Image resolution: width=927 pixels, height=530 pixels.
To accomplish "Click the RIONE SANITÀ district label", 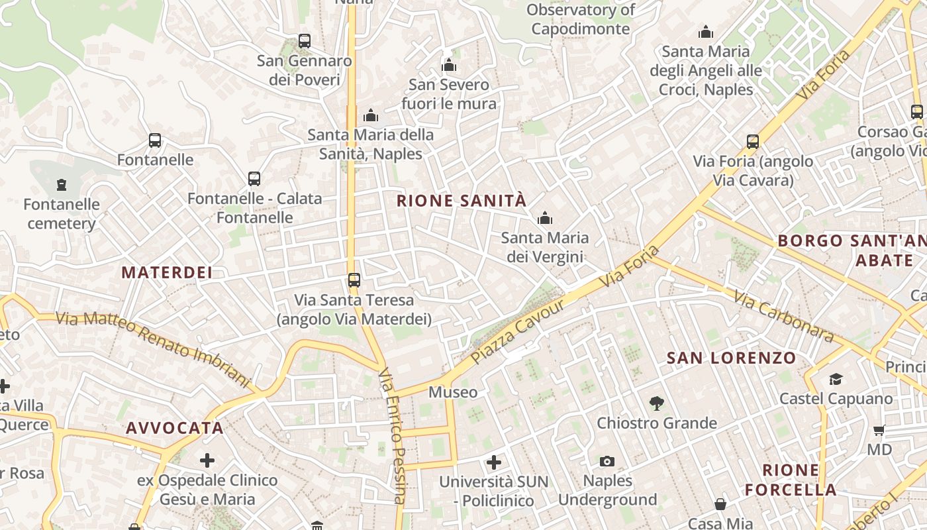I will tap(462, 201).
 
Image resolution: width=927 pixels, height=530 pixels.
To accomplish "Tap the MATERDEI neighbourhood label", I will tap(167, 272).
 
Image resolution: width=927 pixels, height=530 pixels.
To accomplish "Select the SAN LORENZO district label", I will tap(731, 358).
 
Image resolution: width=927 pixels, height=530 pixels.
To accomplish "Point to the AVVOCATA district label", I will tap(175, 428).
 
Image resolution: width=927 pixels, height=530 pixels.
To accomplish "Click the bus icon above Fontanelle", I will tap(155, 140).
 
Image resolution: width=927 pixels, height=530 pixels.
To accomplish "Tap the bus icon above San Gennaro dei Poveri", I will tap(305, 41).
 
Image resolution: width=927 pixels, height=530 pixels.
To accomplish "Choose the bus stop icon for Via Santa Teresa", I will tap(354, 280).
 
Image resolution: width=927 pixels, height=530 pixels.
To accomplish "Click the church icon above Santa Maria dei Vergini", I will tap(545, 218).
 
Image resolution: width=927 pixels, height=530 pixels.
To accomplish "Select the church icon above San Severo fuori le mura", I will tap(449, 65).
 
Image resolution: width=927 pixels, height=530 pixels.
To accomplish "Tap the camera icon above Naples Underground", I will tap(607, 461).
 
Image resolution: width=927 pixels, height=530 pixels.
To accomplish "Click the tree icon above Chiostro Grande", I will tap(657, 403).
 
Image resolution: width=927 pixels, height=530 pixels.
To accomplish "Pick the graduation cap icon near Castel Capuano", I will tap(836, 379).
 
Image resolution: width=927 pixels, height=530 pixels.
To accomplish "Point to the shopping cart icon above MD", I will tap(879, 431).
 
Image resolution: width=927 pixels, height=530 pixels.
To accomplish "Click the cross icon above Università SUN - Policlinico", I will tap(494, 462).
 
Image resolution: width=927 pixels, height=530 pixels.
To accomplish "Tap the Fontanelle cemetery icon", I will tap(62, 184).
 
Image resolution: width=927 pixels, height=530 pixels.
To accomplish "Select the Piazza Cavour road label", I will tap(518, 331).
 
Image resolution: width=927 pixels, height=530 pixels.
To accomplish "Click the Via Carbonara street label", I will tap(783, 316).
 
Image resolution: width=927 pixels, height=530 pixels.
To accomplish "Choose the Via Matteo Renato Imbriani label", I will tap(153, 348).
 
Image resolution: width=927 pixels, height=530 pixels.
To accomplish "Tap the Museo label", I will tap(453, 392).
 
